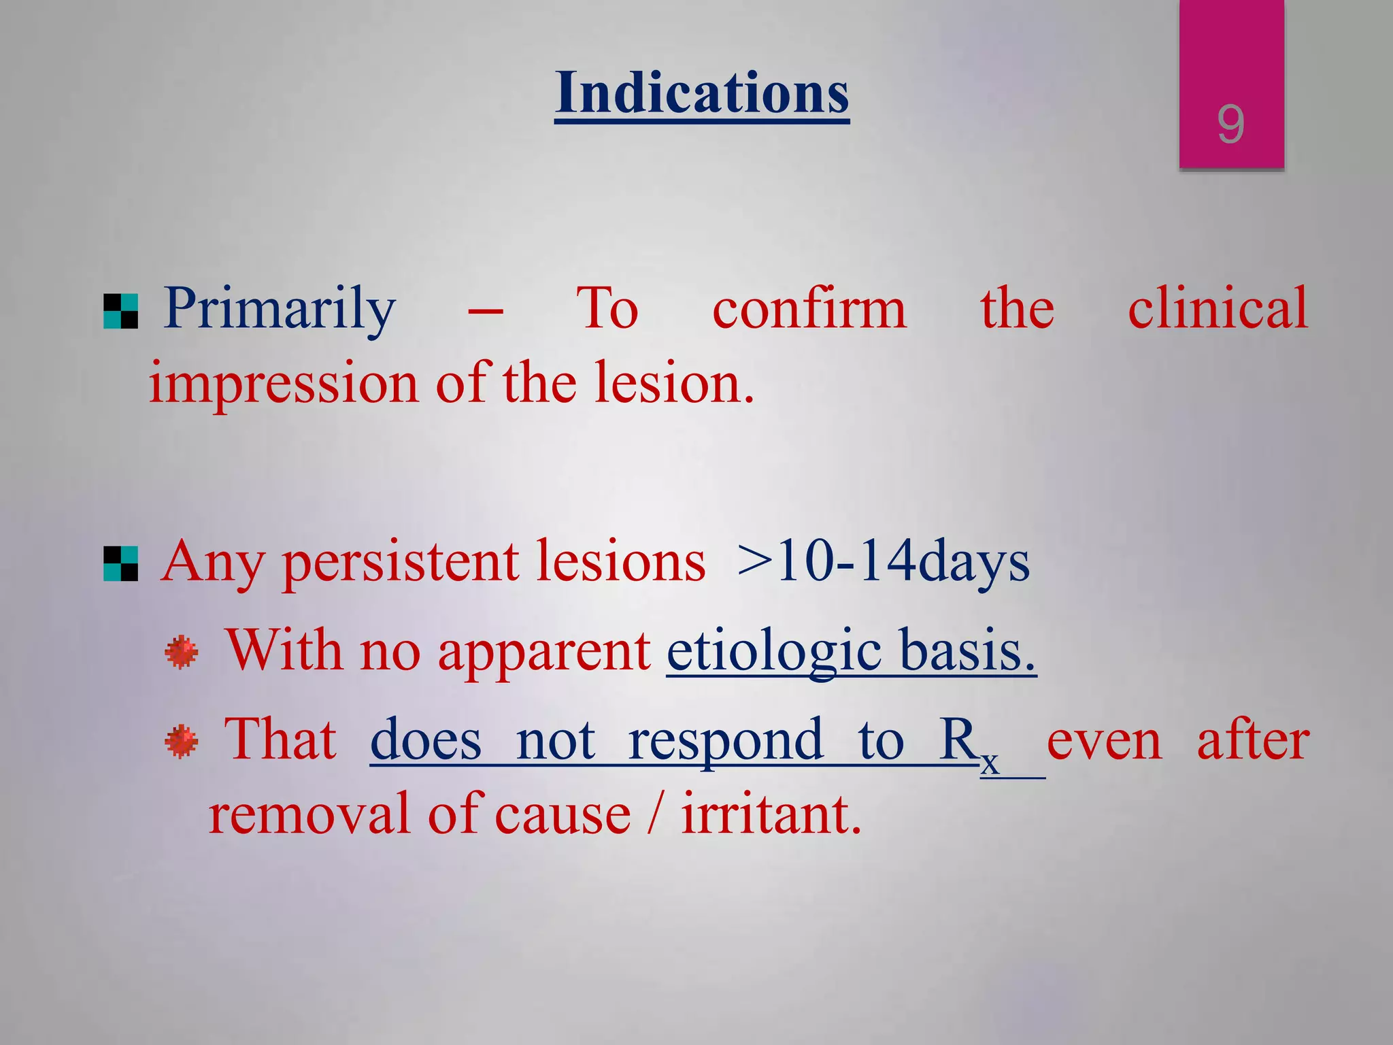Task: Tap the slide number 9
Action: coord(1230,125)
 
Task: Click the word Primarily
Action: coord(280,310)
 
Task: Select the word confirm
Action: coord(809,310)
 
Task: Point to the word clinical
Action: coord(1218,310)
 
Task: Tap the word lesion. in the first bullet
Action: coord(673,383)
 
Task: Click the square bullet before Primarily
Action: coord(121,312)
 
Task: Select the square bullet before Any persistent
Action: coord(121,564)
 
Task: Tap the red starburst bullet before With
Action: coord(182,652)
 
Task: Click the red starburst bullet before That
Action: coord(182,742)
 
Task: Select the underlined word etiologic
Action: coord(774,652)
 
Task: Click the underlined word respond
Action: coord(725,742)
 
